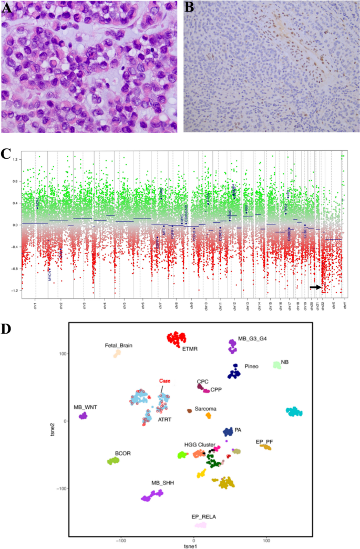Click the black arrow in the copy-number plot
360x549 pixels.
tap(315, 287)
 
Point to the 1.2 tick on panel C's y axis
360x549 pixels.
tap(16, 159)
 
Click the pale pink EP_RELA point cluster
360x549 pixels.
tap(200, 525)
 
